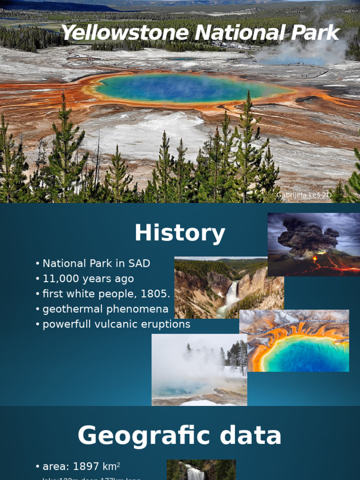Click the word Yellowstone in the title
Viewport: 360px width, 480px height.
125,33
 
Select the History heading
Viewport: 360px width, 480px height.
180,233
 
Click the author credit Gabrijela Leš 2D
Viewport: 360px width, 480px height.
300,195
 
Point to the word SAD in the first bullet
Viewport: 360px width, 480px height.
139,263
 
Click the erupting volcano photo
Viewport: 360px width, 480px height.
314,244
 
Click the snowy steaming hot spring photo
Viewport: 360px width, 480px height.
199,370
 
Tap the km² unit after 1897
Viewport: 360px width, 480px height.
112,466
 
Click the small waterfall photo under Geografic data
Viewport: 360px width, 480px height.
201,470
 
